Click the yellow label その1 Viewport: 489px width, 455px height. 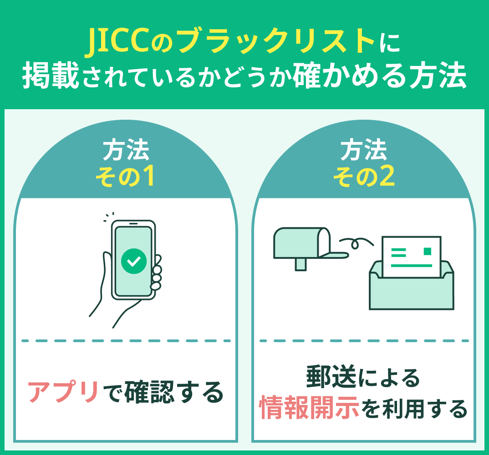click(125, 178)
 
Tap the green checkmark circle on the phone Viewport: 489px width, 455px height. click(134, 261)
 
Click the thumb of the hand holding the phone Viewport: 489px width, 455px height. click(106, 268)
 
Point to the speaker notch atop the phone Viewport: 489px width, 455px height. click(133, 224)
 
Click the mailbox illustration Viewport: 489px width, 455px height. click(298, 243)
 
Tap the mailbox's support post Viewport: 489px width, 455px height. click(301, 264)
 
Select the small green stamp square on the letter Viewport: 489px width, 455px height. click(427, 251)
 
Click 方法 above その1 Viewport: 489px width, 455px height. click(125, 151)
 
